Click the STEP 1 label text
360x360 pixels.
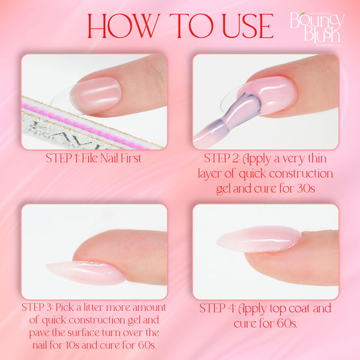click(x=62, y=159)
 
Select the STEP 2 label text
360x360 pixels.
click(x=221, y=159)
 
